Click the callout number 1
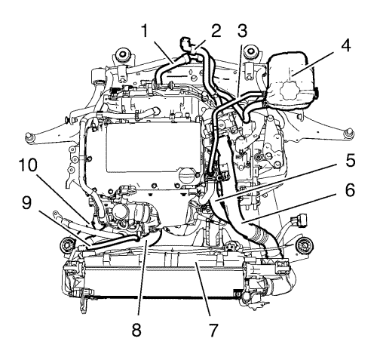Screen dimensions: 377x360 tap(144, 31)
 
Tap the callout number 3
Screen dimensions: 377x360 tap(242, 31)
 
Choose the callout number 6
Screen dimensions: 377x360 tap(349, 189)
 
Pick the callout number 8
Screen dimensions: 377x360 tap(136, 329)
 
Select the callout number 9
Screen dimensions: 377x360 tap(26, 202)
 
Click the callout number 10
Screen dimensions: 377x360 tap(28, 165)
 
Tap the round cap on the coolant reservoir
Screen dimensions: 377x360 tap(289, 92)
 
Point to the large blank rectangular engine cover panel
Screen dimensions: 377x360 tap(153, 147)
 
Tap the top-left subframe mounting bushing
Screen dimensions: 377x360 tap(123, 54)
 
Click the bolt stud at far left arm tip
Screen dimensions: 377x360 tap(29, 137)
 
